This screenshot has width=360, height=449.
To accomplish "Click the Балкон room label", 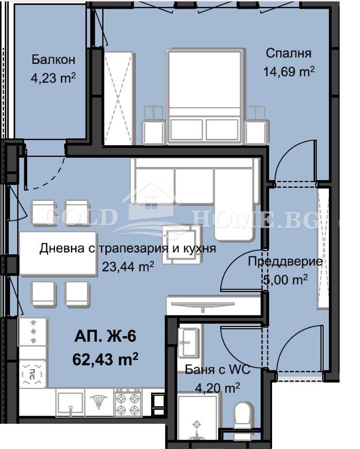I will pyautogui.click(x=53, y=60).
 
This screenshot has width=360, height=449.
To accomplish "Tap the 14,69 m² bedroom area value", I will pyautogui.click(x=289, y=72).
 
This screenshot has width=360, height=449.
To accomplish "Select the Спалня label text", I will pyautogui.click(x=289, y=53).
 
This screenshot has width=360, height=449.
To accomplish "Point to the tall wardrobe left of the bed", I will pyautogui.click(x=118, y=97).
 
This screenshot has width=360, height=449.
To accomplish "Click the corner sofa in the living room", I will pyautogui.click(x=194, y=184).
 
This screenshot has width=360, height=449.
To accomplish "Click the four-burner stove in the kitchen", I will pyautogui.click(x=128, y=402).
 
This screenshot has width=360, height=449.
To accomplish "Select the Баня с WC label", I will pyautogui.click(x=218, y=370).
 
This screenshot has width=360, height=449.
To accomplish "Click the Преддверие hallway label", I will pyautogui.click(x=285, y=262).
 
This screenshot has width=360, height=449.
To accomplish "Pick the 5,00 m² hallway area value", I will pyautogui.click(x=285, y=280).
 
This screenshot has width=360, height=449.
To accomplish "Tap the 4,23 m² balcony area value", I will pyautogui.click(x=53, y=78).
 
